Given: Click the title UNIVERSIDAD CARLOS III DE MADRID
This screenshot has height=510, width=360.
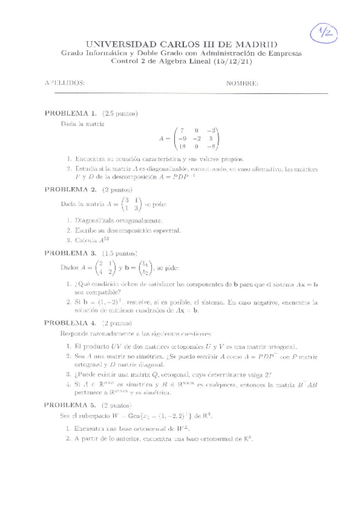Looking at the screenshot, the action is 182,45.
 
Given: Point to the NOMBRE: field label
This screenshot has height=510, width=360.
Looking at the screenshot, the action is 242,84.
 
